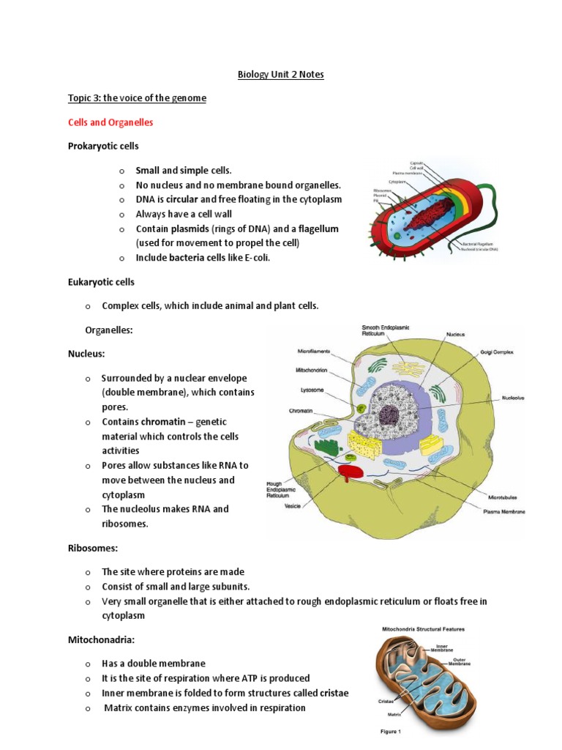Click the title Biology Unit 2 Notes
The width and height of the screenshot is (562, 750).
pyautogui.click(x=280, y=75)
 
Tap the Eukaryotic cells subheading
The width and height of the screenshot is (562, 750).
pyautogui.click(x=101, y=282)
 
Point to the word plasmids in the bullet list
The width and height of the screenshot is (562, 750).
pyautogui.click(x=203, y=229)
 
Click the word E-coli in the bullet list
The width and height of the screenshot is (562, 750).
pyautogui.click(x=263, y=258)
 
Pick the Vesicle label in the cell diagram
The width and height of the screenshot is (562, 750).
pyautogui.click(x=293, y=506)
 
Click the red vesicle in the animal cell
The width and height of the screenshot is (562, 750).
pyautogui.click(x=350, y=472)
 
